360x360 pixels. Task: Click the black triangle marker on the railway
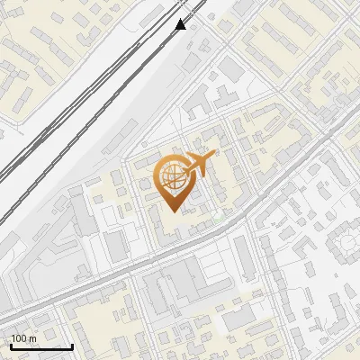[x=181, y=24]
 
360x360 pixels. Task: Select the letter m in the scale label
[x=31, y=338]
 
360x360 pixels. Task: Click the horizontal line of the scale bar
[x=40, y=346]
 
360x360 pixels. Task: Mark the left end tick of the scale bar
[x=10, y=345]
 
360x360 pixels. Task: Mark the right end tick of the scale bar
[x=72, y=345]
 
